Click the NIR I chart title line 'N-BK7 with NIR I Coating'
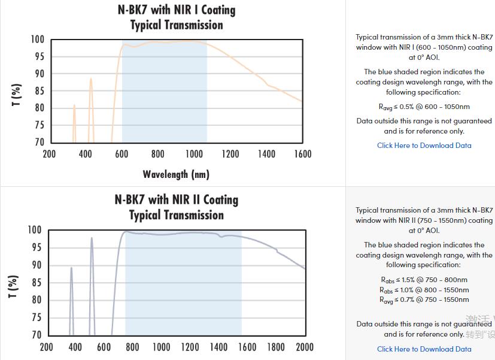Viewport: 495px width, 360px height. pos(177,10)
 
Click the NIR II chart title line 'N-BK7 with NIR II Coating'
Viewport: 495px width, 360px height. pos(177,199)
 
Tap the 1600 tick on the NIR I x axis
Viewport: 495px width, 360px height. pos(303,154)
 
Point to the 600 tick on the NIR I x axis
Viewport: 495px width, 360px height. pos(122,154)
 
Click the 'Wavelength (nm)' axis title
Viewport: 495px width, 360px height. pos(176,174)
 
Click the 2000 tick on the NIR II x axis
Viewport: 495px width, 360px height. pos(305,347)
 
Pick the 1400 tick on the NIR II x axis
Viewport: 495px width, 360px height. pos(218,347)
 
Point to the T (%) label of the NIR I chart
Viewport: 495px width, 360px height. pos(17,95)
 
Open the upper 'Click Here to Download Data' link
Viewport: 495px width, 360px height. pos(424,146)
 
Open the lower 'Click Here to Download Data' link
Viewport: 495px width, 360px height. pos(424,349)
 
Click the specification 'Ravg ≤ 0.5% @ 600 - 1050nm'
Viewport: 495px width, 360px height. pos(424,107)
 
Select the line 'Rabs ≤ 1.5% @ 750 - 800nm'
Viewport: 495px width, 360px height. pos(424,280)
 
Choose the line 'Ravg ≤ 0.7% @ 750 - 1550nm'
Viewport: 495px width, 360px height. pos(424,300)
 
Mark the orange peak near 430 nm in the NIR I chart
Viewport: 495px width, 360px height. pos(91,79)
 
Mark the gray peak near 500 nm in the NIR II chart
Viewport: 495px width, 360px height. pos(92,238)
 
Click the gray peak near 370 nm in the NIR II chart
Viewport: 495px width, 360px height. pos(71,268)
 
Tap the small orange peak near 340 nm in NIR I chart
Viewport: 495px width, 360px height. pos(74,106)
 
